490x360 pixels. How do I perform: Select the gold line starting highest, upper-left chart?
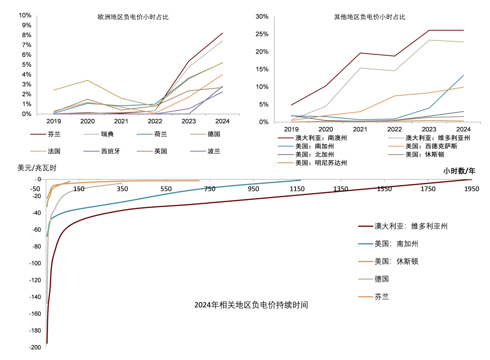87,81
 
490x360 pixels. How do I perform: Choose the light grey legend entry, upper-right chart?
429,137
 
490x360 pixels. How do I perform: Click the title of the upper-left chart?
133,18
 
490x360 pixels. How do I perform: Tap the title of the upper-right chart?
369,17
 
